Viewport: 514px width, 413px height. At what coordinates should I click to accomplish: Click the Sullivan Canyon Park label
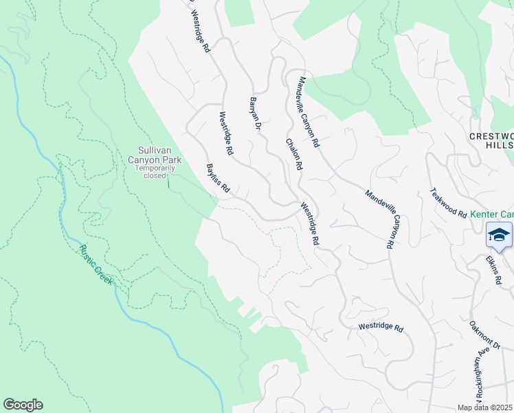pyautogui.click(x=159, y=155)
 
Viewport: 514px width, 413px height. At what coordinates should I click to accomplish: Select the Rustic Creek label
pyautogui.click(x=96, y=265)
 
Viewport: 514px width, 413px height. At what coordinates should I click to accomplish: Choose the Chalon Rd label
pyautogui.click(x=293, y=154)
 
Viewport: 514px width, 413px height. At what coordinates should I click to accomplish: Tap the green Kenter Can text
pyautogui.click(x=492, y=215)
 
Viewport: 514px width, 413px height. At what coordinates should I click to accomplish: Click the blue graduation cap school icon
pyautogui.click(x=500, y=235)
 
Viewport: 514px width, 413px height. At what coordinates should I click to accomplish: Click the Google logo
pyautogui.click(x=23, y=405)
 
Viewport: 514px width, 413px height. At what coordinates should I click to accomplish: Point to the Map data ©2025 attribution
pyautogui.click(x=485, y=407)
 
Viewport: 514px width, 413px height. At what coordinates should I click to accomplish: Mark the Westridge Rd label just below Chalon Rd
pyautogui.click(x=309, y=224)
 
